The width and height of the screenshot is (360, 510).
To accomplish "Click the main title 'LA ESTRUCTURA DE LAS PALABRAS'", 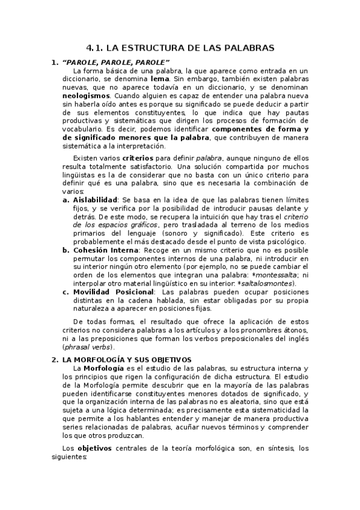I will (x=189, y=47).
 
